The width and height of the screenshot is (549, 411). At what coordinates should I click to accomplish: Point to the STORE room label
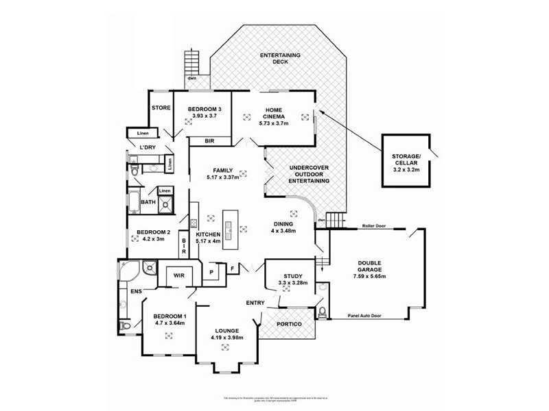[161, 108]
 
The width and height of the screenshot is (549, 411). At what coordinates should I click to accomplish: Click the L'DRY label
[147, 148]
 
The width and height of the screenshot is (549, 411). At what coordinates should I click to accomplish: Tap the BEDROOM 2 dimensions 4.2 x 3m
[151, 240]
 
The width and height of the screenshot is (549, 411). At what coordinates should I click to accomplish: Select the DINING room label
[283, 224]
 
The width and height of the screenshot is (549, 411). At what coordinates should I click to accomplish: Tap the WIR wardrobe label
[179, 275]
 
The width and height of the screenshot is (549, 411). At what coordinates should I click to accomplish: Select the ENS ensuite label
[136, 292]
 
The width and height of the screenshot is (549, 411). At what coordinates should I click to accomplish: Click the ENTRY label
[256, 302]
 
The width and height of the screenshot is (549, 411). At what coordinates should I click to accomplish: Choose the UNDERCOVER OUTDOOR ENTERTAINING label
[309, 174]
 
